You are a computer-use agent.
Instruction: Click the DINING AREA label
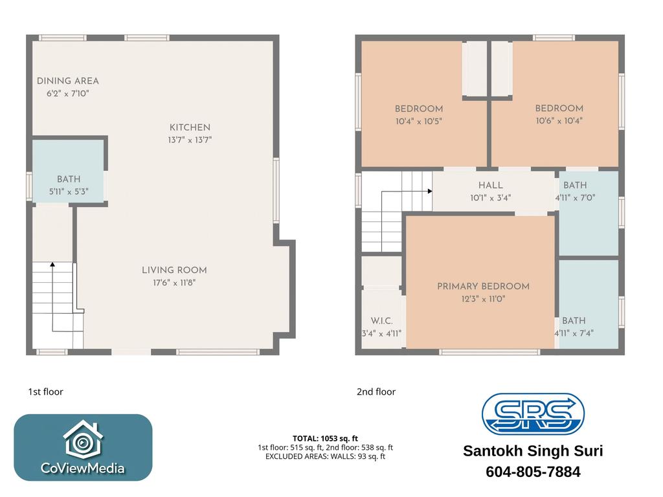click(x=67, y=81)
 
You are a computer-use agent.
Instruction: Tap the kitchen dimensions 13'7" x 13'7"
click(x=190, y=140)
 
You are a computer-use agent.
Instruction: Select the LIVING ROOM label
click(x=174, y=270)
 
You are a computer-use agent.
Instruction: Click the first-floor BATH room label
click(x=69, y=179)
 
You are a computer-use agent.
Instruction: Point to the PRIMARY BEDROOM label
click(x=483, y=286)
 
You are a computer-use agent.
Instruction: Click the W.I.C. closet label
click(x=382, y=321)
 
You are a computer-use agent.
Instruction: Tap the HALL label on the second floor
click(x=491, y=185)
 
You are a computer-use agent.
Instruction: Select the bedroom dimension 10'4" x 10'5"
click(x=419, y=121)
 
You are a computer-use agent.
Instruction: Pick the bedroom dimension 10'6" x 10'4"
click(x=559, y=121)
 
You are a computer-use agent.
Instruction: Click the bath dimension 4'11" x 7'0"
click(x=575, y=197)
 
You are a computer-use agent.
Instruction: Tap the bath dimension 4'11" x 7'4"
click(x=574, y=333)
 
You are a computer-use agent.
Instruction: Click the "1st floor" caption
click(x=46, y=392)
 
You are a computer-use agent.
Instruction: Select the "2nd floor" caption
click(x=376, y=392)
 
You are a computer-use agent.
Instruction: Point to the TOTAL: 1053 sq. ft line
click(x=325, y=439)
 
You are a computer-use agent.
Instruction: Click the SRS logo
click(x=534, y=414)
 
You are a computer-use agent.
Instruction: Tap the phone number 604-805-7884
click(x=534, y=472)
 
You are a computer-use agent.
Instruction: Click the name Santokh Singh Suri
click(x=534, y=451)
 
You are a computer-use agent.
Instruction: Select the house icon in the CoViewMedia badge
click(x=83, y=439)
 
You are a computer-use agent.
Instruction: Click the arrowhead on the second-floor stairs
click(x=430, y=191)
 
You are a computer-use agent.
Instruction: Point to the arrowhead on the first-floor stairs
click(x=52, y=265)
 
